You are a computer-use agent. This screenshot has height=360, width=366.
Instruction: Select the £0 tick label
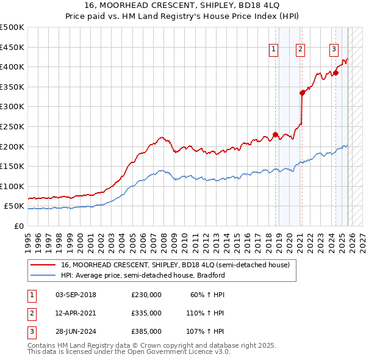pos(19,226)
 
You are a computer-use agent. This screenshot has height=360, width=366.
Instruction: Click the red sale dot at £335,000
pos(302,93)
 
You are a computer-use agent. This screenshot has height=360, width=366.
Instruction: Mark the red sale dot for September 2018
pos(275,134)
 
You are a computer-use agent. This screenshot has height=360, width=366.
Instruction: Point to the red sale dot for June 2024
pos(335,73)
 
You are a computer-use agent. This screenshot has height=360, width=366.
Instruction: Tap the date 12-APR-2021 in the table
pos(76,313)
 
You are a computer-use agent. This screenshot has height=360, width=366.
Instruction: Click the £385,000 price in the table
pos(146,331)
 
